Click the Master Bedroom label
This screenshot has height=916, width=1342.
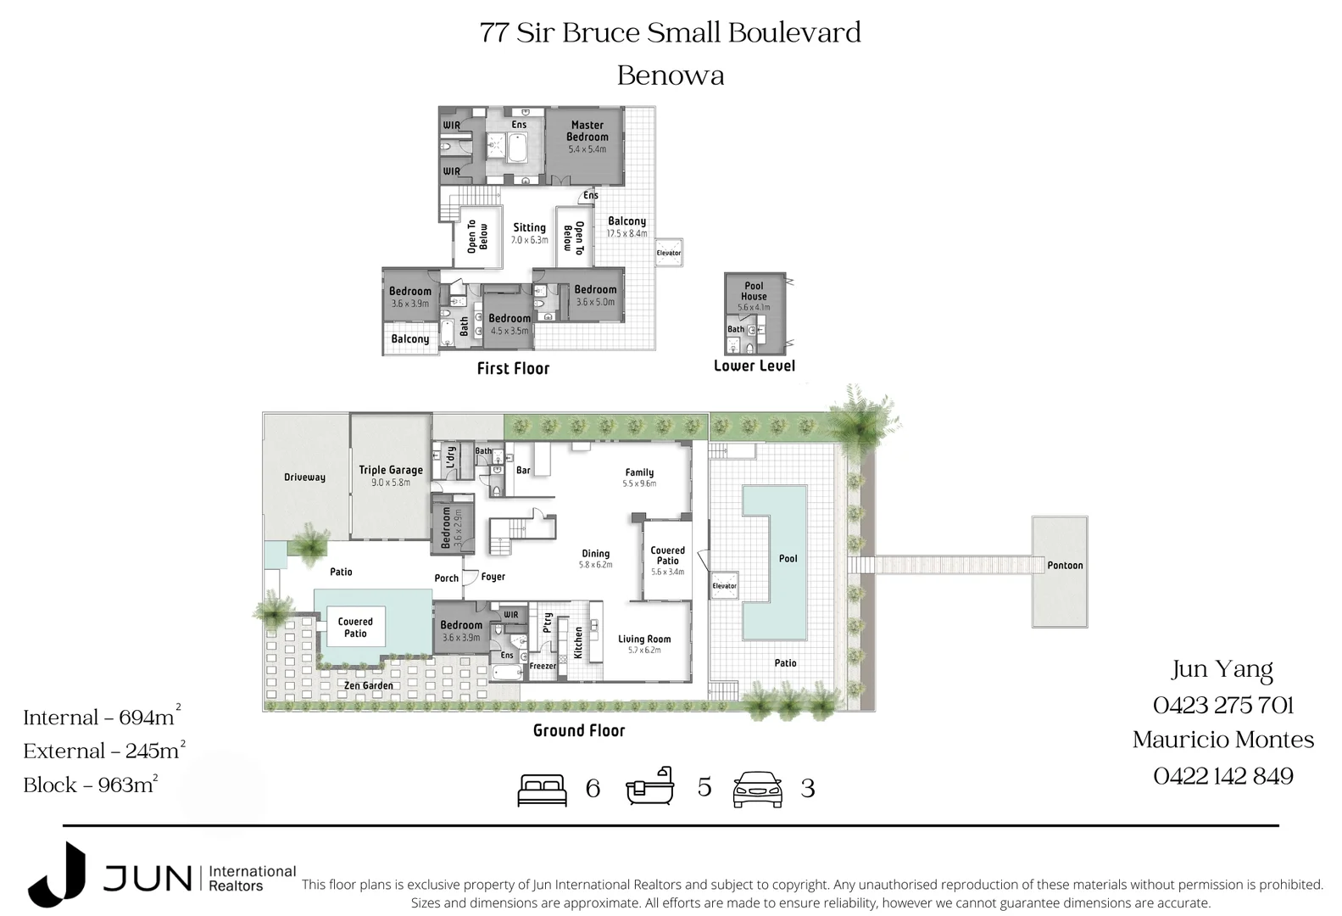(x=587, y=131)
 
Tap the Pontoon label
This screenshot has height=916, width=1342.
(x=1065, y=566)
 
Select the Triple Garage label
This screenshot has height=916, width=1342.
(x=390, y=470)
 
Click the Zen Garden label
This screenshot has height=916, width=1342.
(x=368, y=685)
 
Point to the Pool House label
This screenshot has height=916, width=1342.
(x=754, y=291)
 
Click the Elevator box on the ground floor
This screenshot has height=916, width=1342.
(x=724, y=585)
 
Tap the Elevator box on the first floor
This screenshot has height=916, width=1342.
(x=668, y=253)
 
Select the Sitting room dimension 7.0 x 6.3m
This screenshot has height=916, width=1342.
(x=529, y=240)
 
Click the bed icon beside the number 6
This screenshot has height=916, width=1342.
(x=543, y=790)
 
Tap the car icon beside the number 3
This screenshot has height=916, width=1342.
(x=757, y=790)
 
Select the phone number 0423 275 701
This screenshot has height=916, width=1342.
(x=1222, y=705)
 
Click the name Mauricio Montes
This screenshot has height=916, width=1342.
(x=1222, y=740)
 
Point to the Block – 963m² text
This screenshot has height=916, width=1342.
(x=90, y=785)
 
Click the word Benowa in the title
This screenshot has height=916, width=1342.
(x=670, y=75)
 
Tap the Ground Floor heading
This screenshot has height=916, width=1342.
(x=578, y=730)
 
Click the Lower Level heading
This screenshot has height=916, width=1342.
(x=754, y=366)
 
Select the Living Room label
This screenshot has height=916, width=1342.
(x=644, y=640)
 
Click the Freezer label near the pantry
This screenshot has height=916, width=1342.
(x=543, y=666)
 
